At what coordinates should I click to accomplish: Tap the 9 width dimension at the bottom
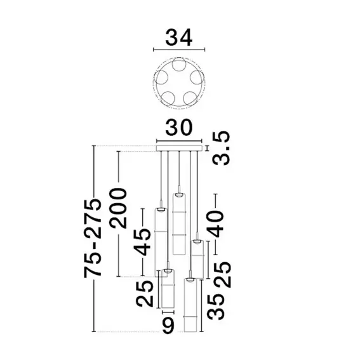pos(168,328)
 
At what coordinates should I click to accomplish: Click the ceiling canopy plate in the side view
pos(180,149)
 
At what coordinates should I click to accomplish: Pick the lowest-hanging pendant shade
pos(190,305)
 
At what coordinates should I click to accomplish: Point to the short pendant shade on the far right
pos(197,257)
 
